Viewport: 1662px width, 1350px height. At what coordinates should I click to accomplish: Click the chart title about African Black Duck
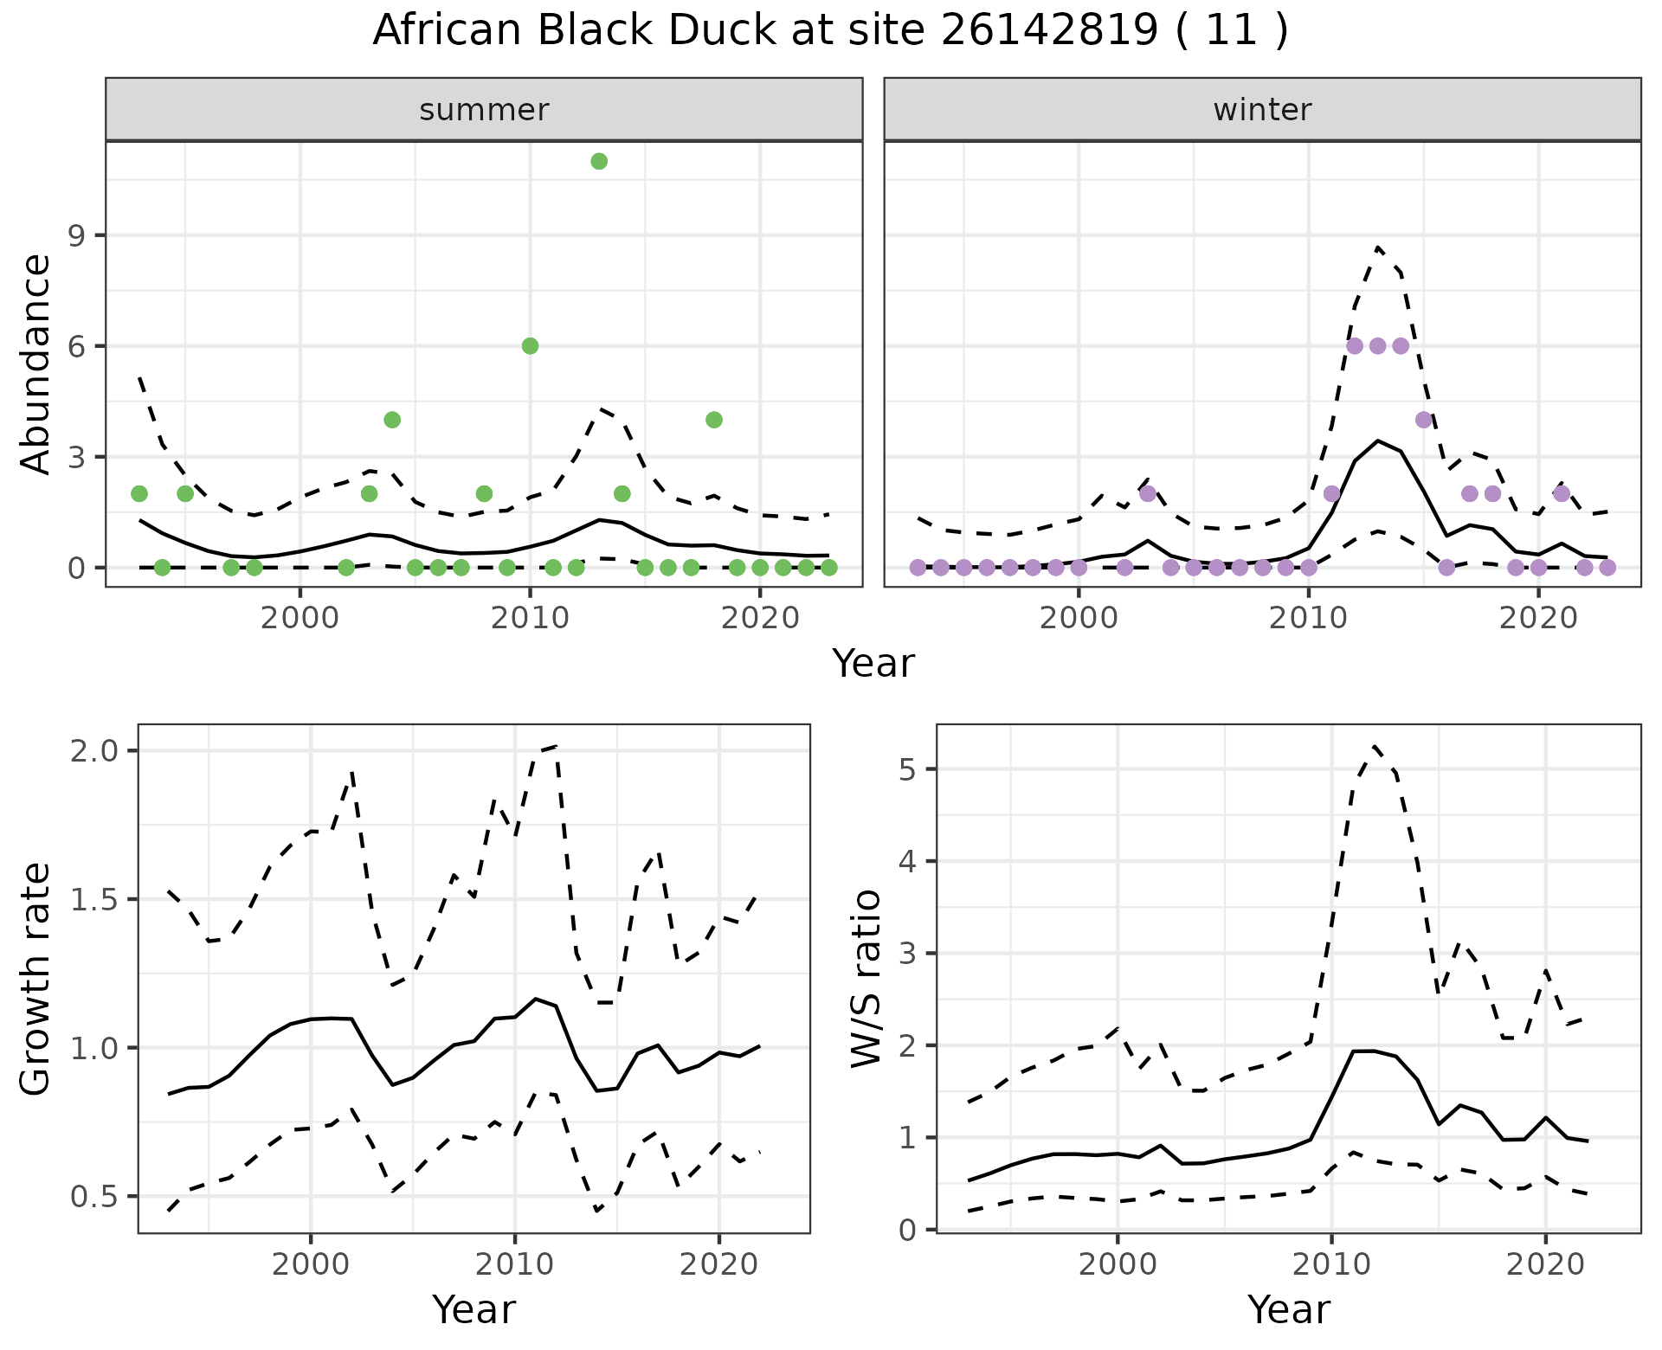(830, 31)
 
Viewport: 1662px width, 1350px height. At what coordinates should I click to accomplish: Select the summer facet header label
(484, 110)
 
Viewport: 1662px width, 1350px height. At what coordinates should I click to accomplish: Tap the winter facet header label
(1262, 110)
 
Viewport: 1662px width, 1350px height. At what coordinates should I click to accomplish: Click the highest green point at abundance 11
(599, 162)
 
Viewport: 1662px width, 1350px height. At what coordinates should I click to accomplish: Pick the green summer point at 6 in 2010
(531, 346)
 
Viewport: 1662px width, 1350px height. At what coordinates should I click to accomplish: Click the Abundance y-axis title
(36, 364)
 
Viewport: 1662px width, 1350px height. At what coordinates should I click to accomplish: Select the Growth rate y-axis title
(36, 979)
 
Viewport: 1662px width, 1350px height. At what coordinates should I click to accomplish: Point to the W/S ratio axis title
(866, 979)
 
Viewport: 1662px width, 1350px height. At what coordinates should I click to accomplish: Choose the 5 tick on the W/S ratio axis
(908, 769)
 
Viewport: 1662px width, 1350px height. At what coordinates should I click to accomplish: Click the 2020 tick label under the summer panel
(759, 620)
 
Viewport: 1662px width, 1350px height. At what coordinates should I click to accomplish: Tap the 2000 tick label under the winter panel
(1079, 620)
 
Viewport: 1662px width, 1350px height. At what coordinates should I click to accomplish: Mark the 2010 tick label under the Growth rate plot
(514, 1264)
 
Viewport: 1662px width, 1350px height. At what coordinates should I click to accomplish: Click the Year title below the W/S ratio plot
(1288, 1310)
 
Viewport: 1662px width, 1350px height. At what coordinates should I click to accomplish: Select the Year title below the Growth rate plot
(473, 1310)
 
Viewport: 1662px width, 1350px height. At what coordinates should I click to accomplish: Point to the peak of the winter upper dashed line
(1377, 247)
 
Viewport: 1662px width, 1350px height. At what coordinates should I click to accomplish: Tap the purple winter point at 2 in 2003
(1148, 493)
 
